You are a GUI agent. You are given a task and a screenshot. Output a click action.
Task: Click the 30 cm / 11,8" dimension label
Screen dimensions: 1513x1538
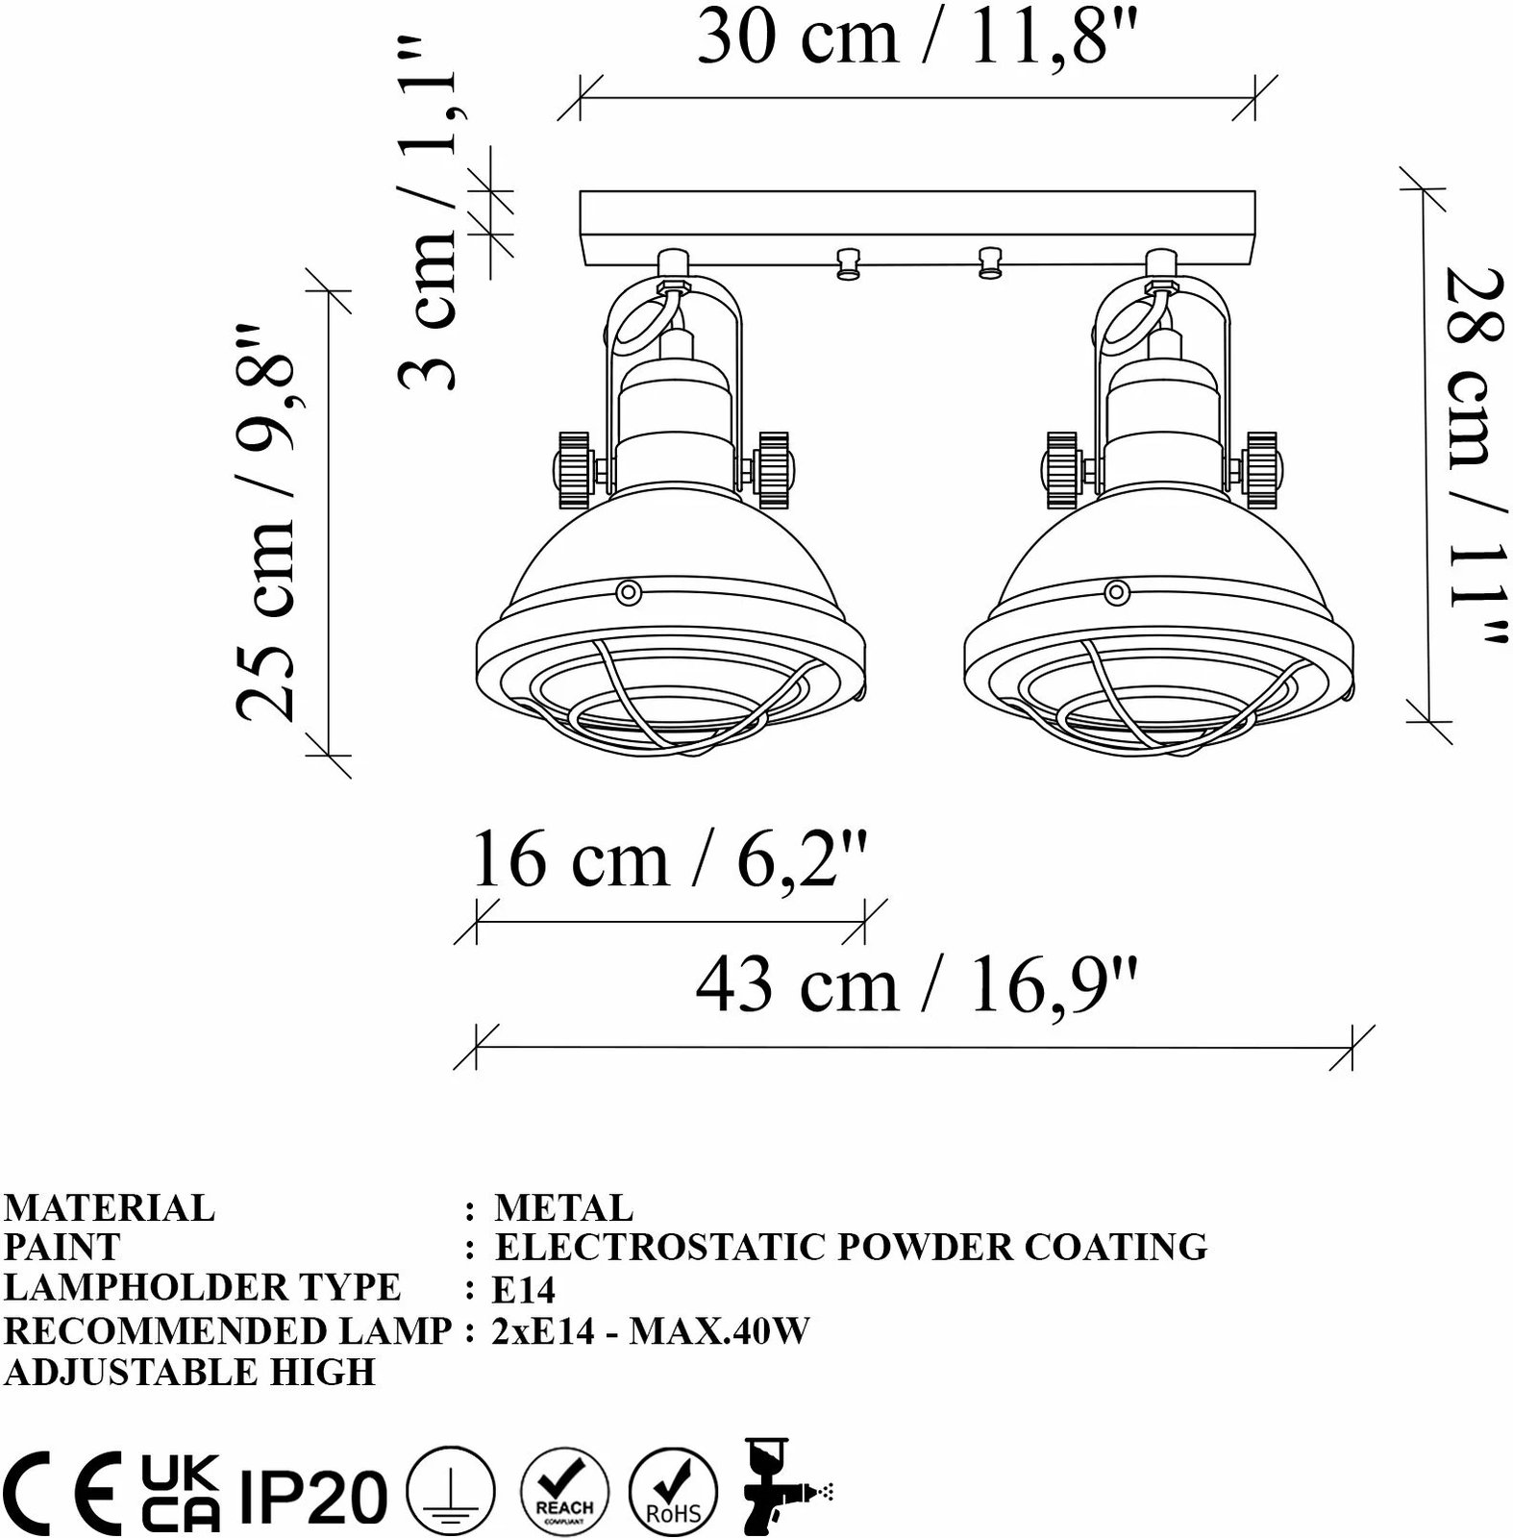[x=917, y=37]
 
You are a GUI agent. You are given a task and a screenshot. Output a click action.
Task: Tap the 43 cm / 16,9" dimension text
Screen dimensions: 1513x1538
[x=917, y=986]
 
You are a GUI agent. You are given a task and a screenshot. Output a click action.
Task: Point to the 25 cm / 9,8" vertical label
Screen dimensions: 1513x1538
[x=264, y=522]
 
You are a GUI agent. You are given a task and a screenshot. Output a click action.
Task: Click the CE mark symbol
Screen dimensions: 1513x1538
[x=62, y=1493]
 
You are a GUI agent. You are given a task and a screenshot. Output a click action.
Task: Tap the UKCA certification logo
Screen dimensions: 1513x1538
[x=181, y=1493]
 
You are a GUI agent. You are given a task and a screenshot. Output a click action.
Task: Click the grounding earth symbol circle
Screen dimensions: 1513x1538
[x=451, y=1495]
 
